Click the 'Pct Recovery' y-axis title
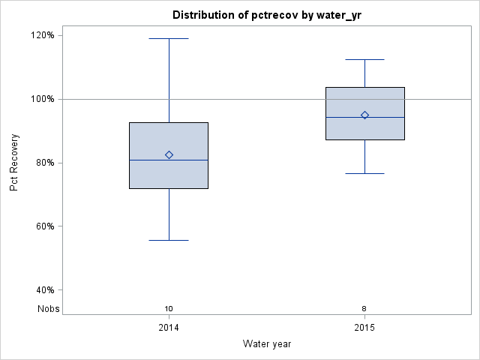coord(14,163)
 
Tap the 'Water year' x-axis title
coord(267,343)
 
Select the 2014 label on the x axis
coord(169,328)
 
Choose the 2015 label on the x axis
coord(364,328)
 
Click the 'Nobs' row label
coord(49,308)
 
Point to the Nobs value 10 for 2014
coord(169,308)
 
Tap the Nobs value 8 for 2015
coord(364,308)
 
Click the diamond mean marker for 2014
coord(169,154)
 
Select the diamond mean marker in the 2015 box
coord(364,115)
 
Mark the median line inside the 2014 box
coord(150,160)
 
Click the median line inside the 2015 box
coord(345,118)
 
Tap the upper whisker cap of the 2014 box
coord(169,38)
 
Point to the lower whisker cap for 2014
coord(169,240)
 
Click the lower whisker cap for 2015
coord(364,173)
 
